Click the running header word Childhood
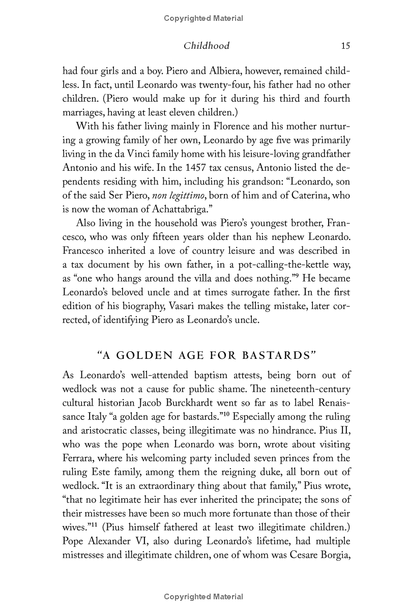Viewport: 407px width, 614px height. point(206,46)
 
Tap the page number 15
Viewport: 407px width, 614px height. point(345,46)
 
